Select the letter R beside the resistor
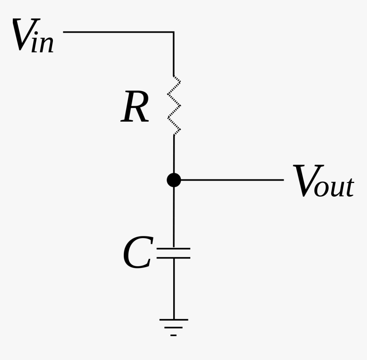click(135, 108)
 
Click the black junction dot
click(174, 180)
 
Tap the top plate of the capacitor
click(174, 248)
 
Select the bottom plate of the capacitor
click(174, 258)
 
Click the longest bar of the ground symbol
click(174, 319)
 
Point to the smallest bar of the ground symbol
click(173, 336)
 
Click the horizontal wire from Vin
click(117, 32)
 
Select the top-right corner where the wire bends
click(174, 32)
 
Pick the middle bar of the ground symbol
click(173, 328)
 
